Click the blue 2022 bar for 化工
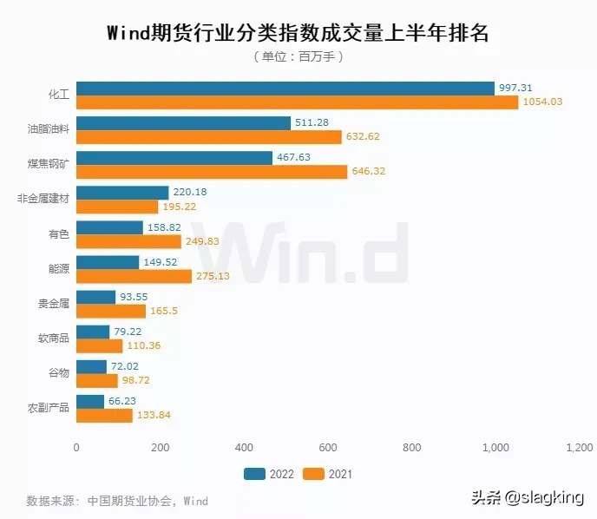285,89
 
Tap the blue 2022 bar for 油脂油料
184,123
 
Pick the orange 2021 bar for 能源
134,276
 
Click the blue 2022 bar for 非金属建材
122,193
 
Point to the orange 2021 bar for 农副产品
104,415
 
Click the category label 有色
59,233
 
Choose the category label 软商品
54,338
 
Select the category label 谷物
59,372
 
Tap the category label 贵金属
54,303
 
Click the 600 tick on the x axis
328,448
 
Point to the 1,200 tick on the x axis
579,448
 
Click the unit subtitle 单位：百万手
298,57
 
